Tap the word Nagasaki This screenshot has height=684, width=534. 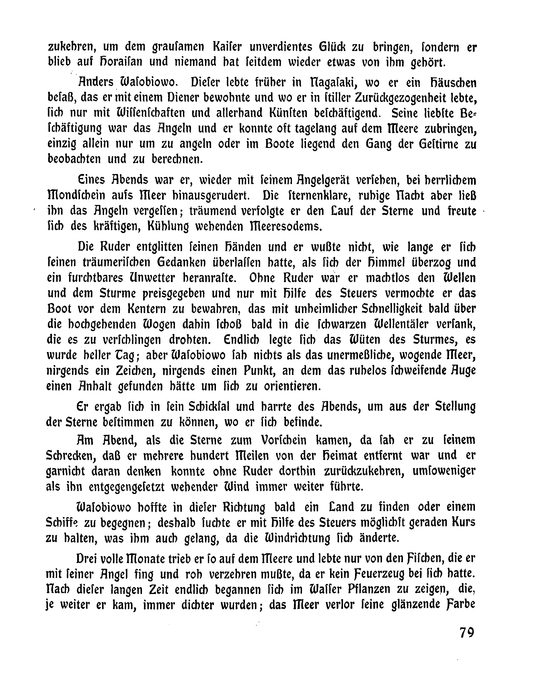334,83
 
